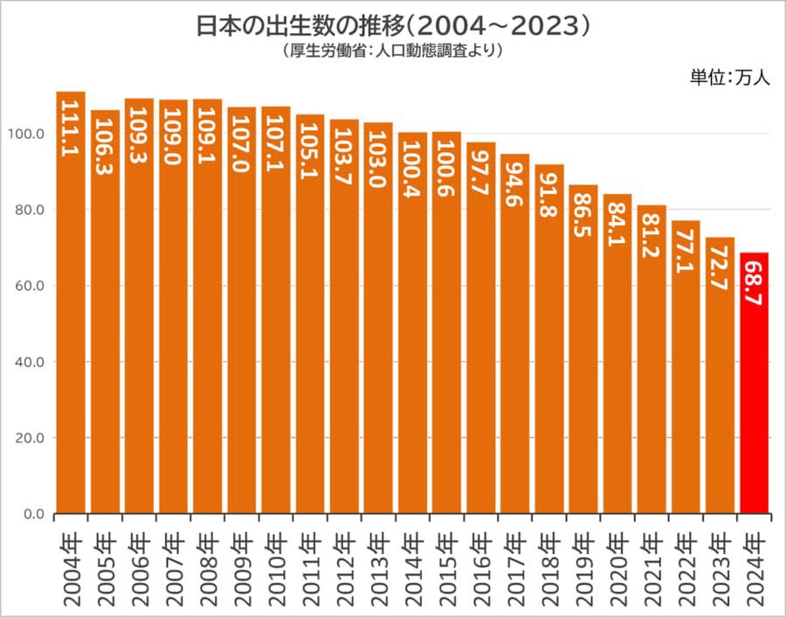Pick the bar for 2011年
[x=310, y=314]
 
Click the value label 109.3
[x=139, y=130]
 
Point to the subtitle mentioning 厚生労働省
[x=393, y=51]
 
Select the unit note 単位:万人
[x=729, y=77]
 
